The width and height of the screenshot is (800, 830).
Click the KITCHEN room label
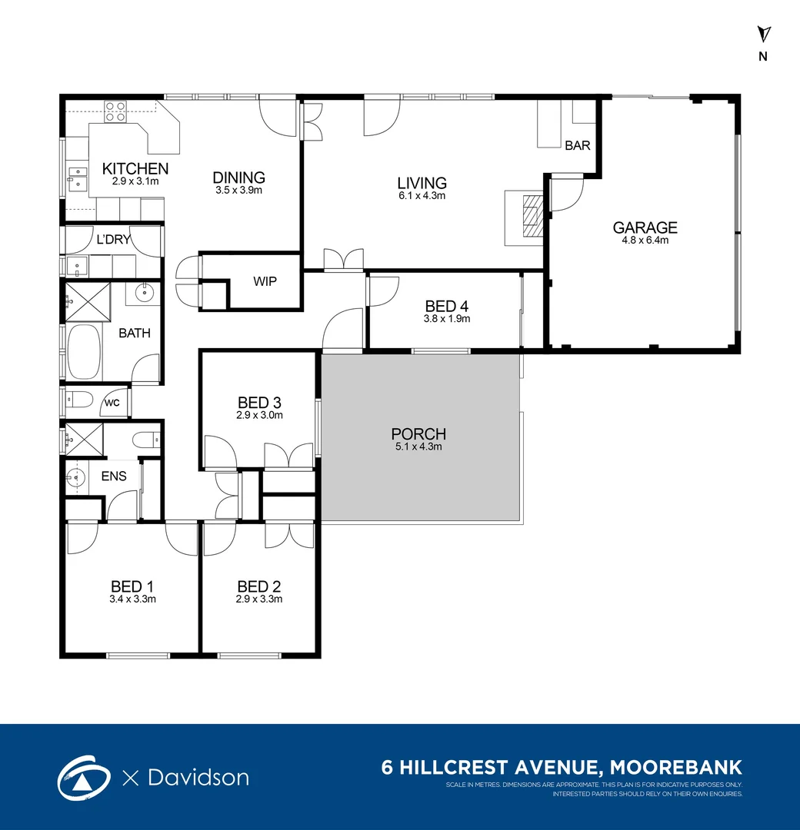[x=135, y=168]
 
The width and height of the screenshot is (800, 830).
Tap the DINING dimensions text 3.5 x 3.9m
[x=238, y=190]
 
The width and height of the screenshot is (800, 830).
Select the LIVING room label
[x=422, y=183]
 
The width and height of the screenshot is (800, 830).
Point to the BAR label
[x=578, y=145]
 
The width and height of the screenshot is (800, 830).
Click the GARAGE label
[x=645, y=227]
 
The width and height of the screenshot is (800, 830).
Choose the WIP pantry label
[x=265, y=281]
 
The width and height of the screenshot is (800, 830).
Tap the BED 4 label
[x=447, y=306]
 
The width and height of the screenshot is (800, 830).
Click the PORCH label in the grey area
[x=418, y=434]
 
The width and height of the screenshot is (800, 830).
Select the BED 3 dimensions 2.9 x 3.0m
[x=259, y=416]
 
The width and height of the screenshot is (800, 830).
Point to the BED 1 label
[x=132, y=586]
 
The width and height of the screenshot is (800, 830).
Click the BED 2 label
[x=259, y=586]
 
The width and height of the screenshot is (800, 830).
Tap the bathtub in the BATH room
[x=84, y=351]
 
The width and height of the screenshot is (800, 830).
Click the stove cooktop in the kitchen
[x=115, y=111]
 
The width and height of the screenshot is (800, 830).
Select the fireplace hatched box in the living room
[x=533, y=215]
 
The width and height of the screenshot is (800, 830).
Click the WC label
[x=112, y=403]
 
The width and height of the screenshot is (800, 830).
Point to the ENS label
[x=114, y=476]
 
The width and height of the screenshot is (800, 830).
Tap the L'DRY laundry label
[x=113, y=239]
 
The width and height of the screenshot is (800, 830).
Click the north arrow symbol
[x=763, y=35]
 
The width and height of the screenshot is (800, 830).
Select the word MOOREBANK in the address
[x=676, y=767]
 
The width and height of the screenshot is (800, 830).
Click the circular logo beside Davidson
[x=84, y=778]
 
